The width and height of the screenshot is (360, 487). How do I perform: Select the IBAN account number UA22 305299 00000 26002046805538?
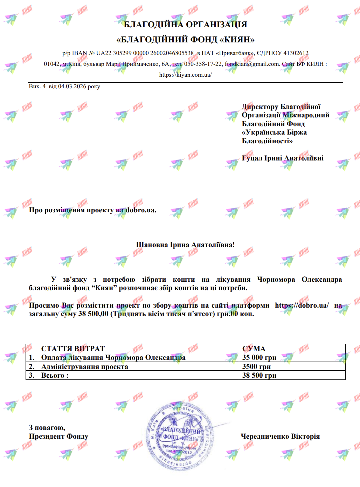click(x=145, y=53)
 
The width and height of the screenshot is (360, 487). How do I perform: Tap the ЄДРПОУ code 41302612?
click(x=296, y=53)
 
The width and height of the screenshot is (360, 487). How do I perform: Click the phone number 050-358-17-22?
click(x=203, y=64)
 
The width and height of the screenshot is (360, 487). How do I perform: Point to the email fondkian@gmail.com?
click(x=252, y=64)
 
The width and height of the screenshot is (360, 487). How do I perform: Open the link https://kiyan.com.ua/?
click(x=185, y=75)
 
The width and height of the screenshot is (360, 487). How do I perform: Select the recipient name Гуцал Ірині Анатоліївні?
click(x=283, y=158)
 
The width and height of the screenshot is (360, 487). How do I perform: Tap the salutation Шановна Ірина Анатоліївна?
click(x=185, y=245)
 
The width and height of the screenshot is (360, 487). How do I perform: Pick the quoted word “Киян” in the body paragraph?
click(x=104, y=288)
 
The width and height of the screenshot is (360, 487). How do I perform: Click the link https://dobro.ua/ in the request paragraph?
click(x=302, y=306)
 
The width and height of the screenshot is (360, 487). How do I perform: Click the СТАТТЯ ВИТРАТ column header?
click(x=73, y=349)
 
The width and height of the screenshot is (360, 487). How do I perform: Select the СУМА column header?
click(x=254, y=349)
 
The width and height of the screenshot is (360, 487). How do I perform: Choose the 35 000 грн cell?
click(x=259, y=358)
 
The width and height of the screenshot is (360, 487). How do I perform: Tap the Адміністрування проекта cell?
click(x=85, y=367)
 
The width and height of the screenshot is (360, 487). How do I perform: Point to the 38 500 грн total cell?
click(x=259, y=376)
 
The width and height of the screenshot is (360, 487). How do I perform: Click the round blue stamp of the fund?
click(x=179, y=435)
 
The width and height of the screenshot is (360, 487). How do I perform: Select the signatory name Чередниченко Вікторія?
click(x=280, y=437)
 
